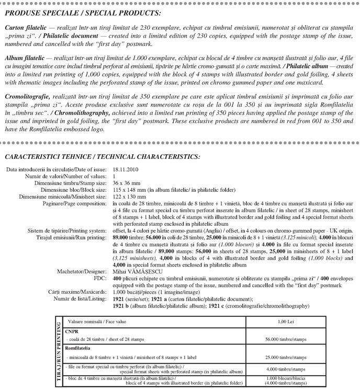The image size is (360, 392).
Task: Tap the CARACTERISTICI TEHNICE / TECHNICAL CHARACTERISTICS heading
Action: (x=102, y=156)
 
